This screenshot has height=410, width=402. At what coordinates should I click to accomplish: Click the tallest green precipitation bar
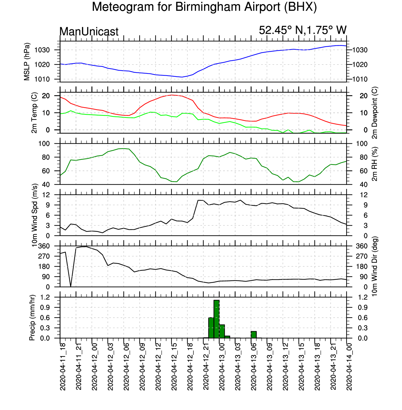tap(217, 319)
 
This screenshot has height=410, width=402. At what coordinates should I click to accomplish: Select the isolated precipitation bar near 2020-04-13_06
tap(253, 334)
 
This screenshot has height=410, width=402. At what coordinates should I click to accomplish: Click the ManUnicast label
tap(89, 32)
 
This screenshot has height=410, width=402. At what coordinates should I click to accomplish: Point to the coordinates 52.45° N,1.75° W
tap(303, 30)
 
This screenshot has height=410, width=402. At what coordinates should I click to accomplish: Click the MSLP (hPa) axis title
tap(27, 62)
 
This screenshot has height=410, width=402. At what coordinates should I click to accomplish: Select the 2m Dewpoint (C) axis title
tap(375, 113)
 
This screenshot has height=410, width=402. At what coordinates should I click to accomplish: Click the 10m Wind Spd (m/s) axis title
tap(34, 215)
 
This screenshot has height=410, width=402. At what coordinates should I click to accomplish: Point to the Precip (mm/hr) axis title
tap(32, 318)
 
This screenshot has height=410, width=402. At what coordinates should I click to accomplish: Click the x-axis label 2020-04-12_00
tap(94, 367)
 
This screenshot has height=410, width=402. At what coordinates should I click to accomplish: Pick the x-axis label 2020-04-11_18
tap(63, 367)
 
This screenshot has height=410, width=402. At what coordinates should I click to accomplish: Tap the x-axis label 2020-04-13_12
tap(286, 367)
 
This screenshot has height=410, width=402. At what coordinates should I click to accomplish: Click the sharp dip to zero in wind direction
tap(71, 286)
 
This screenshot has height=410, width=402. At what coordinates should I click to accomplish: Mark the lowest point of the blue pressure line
tap(182, 77)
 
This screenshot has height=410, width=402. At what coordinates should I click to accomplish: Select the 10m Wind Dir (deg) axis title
tap(375, 266)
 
